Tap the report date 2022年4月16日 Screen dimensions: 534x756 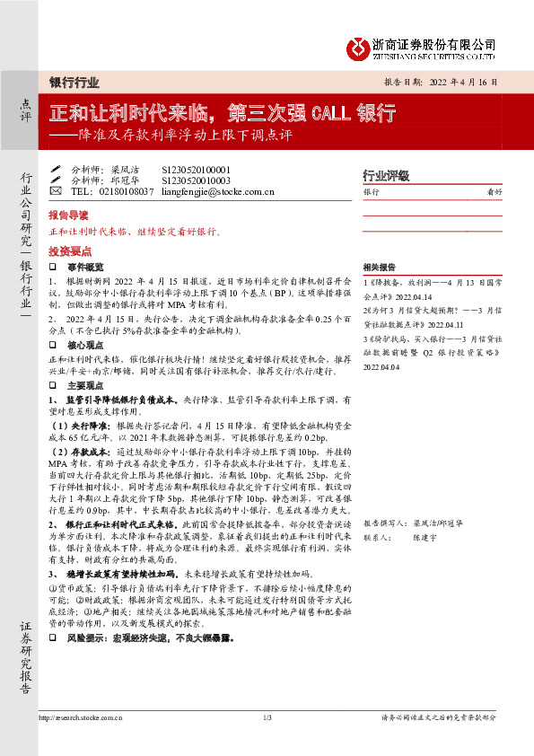[464, 81]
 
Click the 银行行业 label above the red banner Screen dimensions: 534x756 [74, 82]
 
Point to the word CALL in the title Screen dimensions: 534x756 [333, 112]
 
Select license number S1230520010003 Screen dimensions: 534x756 [196, 180]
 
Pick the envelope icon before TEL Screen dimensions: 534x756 [56, 191]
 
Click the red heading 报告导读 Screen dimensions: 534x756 [68, 216]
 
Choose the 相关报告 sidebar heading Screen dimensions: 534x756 [377, 268]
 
